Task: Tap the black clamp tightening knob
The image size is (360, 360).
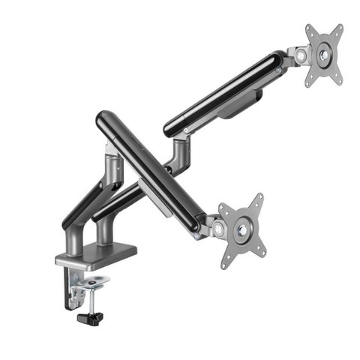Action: [89, 319]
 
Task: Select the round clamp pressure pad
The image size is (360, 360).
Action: [94, 283]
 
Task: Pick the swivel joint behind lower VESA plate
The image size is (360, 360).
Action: [213, 225]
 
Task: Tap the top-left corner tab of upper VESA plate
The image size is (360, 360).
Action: [309, 30]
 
